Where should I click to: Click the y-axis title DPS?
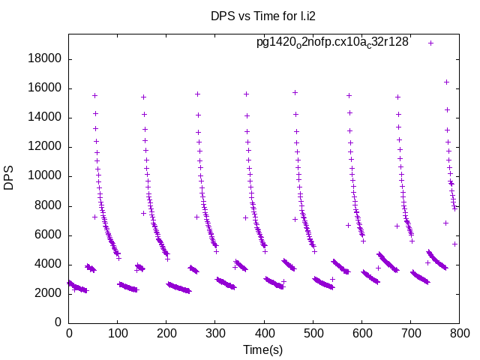point(9,177)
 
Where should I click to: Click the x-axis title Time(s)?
point(263,349)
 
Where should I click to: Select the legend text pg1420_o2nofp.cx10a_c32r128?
point(332,42)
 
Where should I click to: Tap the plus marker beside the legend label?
point(430,43)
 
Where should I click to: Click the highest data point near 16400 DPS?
point(446,82)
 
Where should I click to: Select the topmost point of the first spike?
point(94,95)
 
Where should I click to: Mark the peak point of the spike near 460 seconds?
point(295,92)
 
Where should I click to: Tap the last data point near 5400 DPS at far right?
point(454,244)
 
